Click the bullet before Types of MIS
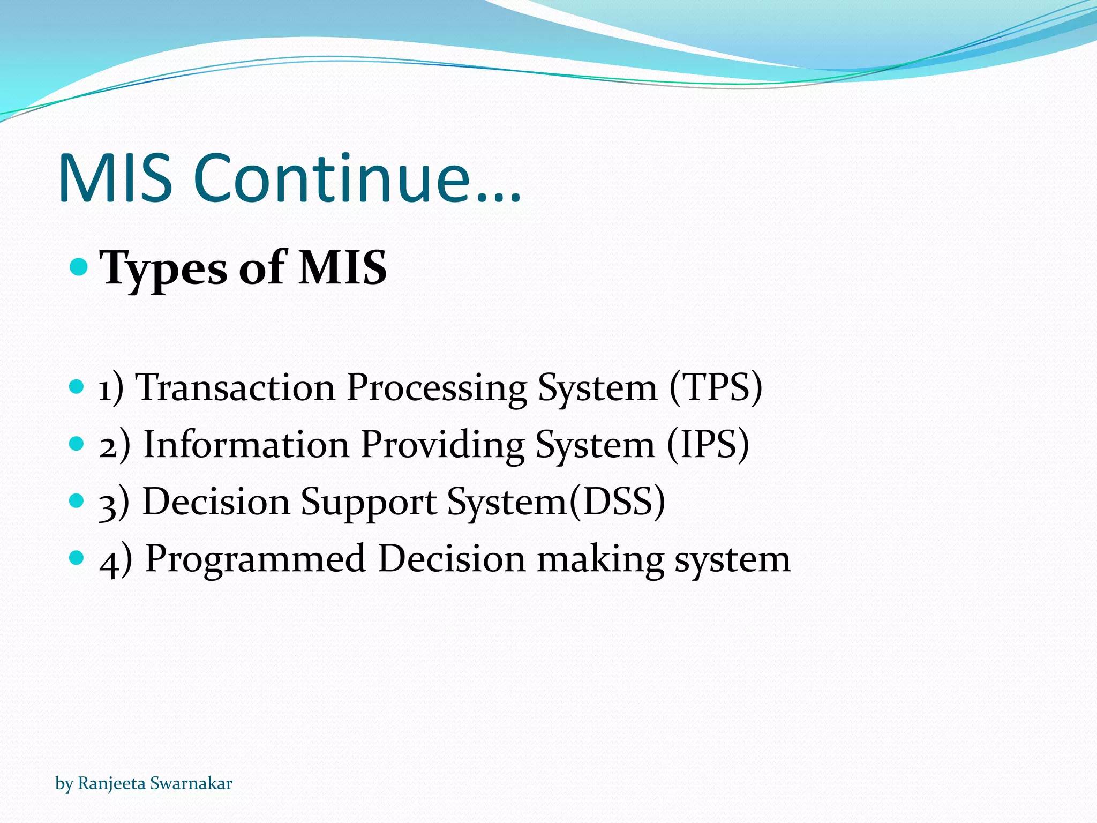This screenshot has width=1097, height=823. (79, 266)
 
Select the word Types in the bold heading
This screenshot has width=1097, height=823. (163, 268)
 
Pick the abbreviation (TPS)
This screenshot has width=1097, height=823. (716, 387)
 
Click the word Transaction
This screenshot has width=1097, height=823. (235, 387)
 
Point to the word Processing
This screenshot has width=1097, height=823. (437, 387)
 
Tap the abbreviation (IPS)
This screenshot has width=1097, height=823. (708, 444)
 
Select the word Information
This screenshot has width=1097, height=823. (246, 444)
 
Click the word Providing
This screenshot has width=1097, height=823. (442, 444)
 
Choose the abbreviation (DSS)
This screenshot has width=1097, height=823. (617, 502)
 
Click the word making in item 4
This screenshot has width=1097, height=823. (600, 559)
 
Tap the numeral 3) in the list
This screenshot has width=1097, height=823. (114, 503)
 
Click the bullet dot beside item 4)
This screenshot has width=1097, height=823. (77, 558)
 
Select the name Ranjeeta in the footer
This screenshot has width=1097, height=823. (111, 783)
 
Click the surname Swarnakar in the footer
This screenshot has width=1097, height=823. (191, 783)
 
